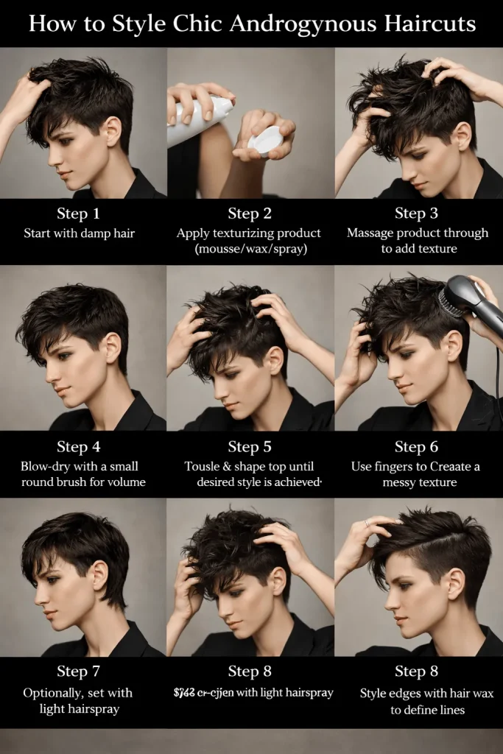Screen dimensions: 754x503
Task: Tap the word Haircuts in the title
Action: pos(427,24)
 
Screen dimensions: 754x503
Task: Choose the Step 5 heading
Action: pos(250,446)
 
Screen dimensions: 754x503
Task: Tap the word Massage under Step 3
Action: pos(373,233)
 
